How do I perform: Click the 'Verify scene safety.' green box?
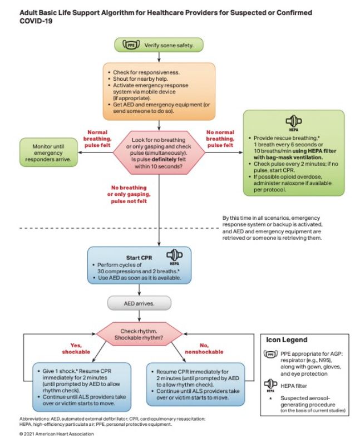(159, 45)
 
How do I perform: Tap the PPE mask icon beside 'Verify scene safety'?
(131, 45)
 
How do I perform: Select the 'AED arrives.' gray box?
(139, 303)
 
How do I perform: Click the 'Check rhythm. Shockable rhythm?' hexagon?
(139, 334)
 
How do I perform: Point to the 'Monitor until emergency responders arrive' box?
(48, 152)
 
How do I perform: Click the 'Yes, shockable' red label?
(76, 348)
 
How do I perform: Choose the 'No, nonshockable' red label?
(204, 348)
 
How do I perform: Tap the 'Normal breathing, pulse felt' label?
(97, 139)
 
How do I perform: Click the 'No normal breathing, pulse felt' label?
(220, 139)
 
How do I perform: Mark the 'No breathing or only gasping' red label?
(129, 194)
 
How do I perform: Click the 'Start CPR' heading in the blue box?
(139, 258)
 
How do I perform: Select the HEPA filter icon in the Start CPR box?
(174, 257)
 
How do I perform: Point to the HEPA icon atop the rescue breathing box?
(294, 123)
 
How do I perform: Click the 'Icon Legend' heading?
(287, 339)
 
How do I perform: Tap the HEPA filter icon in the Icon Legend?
(270, 385)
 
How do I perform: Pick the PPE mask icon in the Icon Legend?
(270, 354)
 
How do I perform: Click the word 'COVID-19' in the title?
(36, 21)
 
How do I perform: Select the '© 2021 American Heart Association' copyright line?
(57, 434)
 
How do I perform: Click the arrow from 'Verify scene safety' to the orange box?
(159, 57)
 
